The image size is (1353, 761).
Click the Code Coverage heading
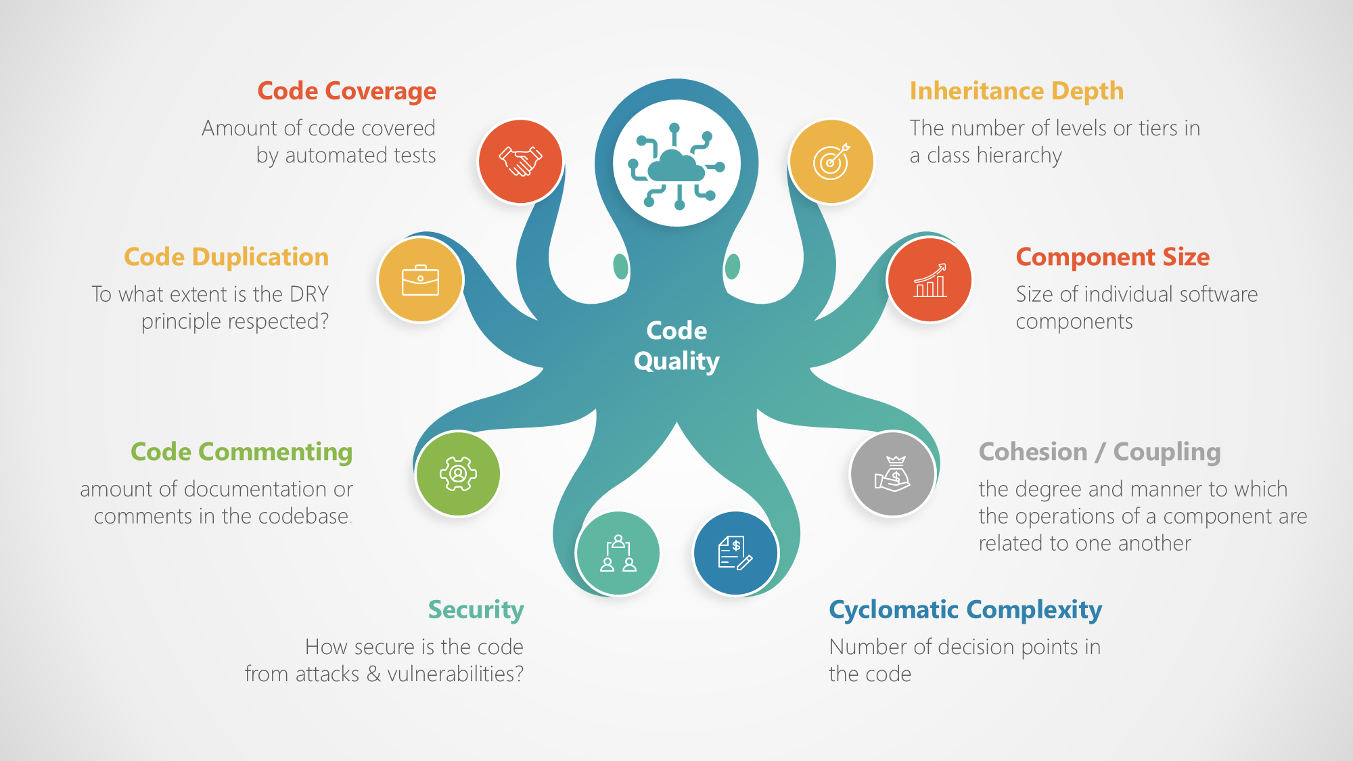click(x=346, y=91)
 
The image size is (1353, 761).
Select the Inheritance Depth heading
click(x=1016, y=91)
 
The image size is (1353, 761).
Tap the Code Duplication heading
click(x=226, y=257)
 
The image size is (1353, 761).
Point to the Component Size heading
click(x=1112, y=257)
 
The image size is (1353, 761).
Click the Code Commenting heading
click(x=242, y=452)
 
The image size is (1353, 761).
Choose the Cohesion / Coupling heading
click(x=1099, y=452)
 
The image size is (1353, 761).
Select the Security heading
click(x=476, y=610)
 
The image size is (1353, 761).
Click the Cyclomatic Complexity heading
click(x=965, y=610)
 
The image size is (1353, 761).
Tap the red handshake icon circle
click(x=520, y=161)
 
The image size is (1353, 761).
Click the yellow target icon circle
click(x=831, y=161)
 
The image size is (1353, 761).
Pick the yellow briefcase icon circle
click(x=420, y=279)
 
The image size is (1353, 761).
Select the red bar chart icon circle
click(x=930, y=279)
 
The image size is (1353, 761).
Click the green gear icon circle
click(x=458, y=474)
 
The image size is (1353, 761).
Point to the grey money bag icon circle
click(x=892, y=474)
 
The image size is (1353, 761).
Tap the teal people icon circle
click(x=618, y=553)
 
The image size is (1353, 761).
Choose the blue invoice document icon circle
click(x=735, y=553)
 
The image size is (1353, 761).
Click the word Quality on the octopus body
click(x=676, y=361)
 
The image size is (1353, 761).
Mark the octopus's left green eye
click(x=620, y=267)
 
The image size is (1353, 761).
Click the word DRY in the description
click(x=308, y=294)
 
